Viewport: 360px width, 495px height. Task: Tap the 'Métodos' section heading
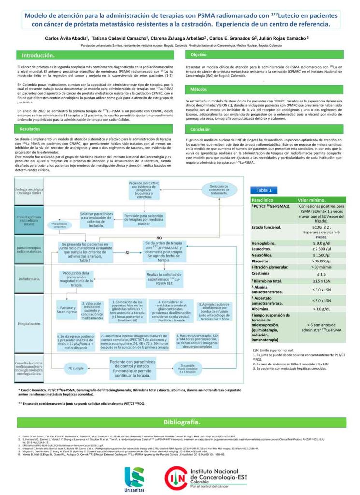tap(199, 90)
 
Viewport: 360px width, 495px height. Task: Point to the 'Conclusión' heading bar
tap(201, 129)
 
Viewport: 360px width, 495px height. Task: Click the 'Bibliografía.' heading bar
tap(180, 422)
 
